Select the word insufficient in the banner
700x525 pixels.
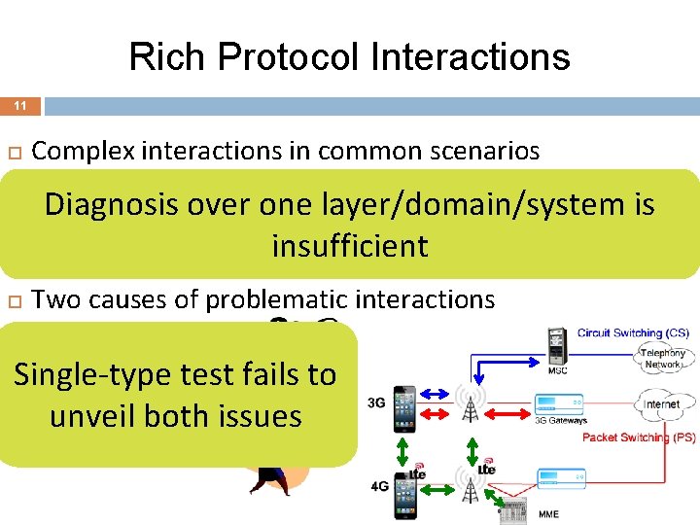point(349,246)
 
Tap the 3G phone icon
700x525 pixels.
point(405,407)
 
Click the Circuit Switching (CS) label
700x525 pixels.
point(632,333)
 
